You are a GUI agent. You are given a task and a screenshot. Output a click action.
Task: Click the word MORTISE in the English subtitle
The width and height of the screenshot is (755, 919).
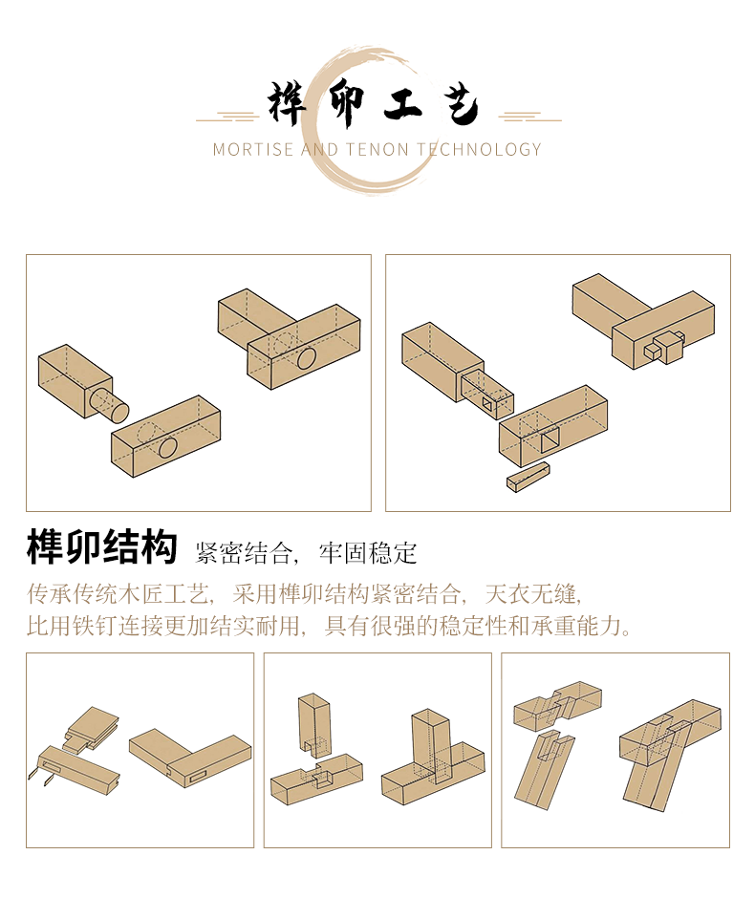[x=252, y=149]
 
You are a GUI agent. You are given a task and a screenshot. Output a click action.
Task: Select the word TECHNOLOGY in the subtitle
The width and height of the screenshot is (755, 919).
[x=479, y=149]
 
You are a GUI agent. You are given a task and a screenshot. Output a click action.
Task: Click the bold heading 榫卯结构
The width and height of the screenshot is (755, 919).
[x=101, y=547]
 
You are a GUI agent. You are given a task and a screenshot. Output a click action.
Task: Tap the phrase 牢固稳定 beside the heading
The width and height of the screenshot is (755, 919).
[x=368, y=553]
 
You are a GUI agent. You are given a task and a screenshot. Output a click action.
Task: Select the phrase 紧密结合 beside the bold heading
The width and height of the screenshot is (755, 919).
[x=244, y=553]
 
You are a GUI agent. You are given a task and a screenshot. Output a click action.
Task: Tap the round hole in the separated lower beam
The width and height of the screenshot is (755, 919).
[x=167, y=448]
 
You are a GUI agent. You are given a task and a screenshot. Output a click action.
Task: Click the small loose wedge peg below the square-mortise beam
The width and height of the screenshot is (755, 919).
[x=528, y=477]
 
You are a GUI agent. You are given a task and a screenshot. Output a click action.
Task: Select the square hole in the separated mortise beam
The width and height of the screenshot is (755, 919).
[x=550, y=441]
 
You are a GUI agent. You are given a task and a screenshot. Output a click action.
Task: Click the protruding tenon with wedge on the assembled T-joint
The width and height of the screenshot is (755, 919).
[x=665, y=347]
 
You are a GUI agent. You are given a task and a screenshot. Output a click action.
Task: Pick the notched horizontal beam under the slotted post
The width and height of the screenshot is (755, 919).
[x=316, y=779]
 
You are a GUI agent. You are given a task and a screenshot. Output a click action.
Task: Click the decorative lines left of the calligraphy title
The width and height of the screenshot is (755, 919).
[x=228, y=118]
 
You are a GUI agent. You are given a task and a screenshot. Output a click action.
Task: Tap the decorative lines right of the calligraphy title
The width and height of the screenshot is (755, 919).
[x=529, y=118]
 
